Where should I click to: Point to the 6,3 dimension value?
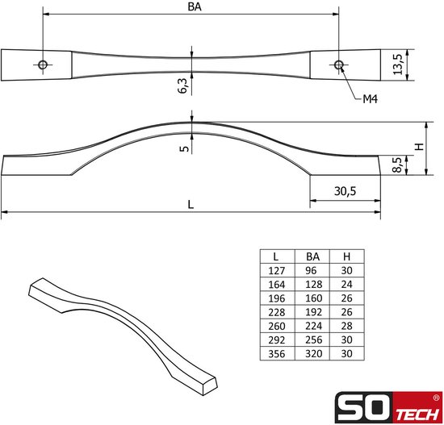click(x=182, y=82)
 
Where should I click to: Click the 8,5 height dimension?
click(x=396, y=165)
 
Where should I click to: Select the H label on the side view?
click(x=418, y=148)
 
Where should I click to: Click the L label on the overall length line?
click(x=191, y=205)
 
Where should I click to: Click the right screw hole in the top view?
click(x=338, y=64)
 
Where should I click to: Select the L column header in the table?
click(x=276, y=256)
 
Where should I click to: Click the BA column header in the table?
click(x=312, y=256)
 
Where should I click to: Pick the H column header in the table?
click(x=346, y=256)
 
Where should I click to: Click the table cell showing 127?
click(x=276, y=272)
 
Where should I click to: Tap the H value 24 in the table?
click(x=346, y=285)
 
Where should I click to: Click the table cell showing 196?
click(x=276, y=298)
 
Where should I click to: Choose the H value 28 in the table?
click(x=346, y=325)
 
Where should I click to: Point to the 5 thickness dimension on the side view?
click(x=184, y=148)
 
